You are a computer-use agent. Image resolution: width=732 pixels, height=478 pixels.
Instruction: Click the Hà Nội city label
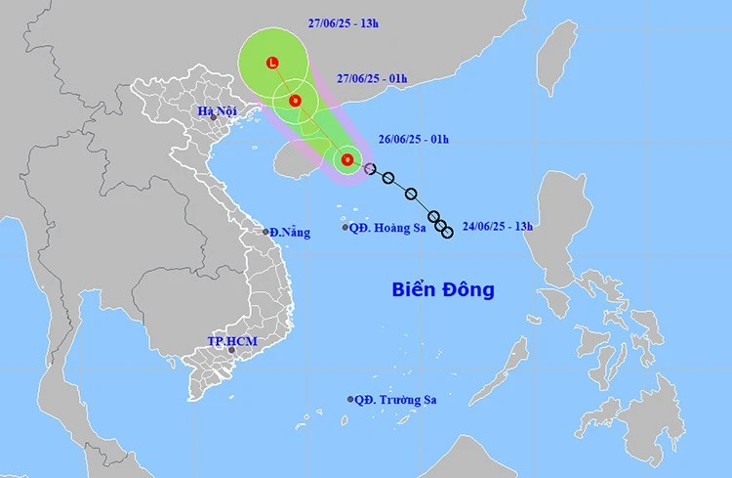217,110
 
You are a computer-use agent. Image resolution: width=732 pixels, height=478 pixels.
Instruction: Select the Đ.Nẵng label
290,232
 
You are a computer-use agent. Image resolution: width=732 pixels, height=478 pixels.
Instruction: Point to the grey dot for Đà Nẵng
266,232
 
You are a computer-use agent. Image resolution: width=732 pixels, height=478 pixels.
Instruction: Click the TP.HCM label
227,340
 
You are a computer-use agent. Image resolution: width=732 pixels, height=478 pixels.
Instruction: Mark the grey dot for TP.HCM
231,349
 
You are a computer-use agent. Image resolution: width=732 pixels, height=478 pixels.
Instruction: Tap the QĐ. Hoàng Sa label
386,228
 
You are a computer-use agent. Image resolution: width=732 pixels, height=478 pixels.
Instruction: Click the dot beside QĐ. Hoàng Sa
346,228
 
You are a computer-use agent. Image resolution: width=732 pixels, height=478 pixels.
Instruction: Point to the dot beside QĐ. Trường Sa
350,399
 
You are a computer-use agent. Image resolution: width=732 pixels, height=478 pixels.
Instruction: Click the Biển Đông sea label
443,289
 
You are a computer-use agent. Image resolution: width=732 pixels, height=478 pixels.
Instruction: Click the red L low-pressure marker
272,64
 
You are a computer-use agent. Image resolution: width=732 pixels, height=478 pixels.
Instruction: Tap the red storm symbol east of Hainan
346,159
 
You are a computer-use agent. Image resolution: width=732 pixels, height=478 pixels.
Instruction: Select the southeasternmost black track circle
447,232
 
